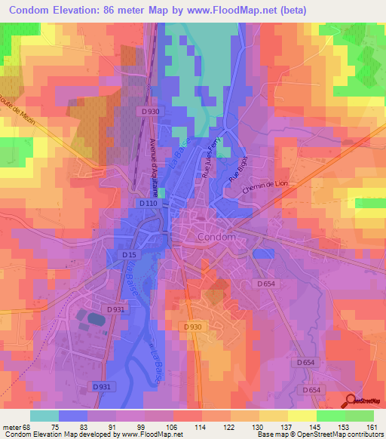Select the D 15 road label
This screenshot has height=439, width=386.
pyautogui.click(x=129, y=255)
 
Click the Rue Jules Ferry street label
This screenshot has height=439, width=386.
pyautogui.click(x=212, y=156)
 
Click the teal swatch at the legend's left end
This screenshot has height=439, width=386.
pyautogui.click(x=44, y=415)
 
